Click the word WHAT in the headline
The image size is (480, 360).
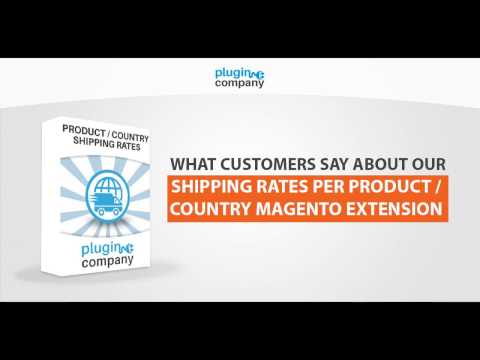pyautogui.click(x=192, y=164)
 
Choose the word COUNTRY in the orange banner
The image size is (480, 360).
pyautogui.click(x=213, y=210)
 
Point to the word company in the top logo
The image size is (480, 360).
pyautogui.click(x=241, y=85)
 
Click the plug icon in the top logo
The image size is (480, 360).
pyautogui.click(x=255, y=73)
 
